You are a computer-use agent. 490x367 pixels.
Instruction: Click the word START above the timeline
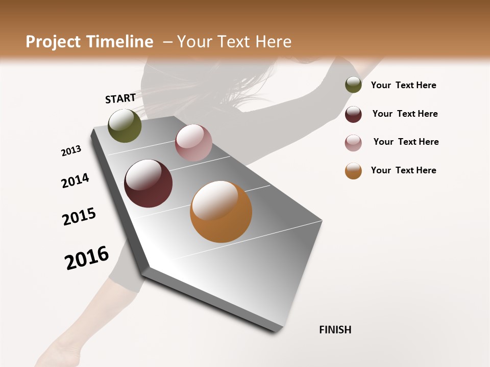tap(120, 98)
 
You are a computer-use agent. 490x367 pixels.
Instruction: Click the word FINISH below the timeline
tap(335, 330)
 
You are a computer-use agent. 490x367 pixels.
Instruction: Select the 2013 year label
tap(71, 151)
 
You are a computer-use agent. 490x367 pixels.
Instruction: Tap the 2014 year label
tap(75, 181)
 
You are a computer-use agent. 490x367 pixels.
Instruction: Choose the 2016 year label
tap(87, 258)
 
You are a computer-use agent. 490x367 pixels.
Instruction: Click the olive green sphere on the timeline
tap(125, 125)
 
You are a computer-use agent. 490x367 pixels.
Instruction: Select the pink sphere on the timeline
tap(193, 143)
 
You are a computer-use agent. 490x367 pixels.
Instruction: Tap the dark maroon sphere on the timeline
tap(148, 183)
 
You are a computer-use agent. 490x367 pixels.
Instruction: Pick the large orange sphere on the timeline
tap(221, 212)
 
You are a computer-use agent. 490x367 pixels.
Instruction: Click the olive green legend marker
tap(353, 85)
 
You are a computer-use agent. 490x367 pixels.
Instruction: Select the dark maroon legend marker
tap(353, 114)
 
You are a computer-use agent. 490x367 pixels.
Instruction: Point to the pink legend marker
tap(353, 142)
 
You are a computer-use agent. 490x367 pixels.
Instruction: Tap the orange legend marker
tap(353, 171)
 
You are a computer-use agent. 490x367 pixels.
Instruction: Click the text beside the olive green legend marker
tap(403, 85)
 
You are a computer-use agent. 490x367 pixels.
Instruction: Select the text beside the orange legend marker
tap(403, 170)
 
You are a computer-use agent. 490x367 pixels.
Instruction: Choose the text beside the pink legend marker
tap(406, 142)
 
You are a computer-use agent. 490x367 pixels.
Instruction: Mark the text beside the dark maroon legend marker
tap(405, 114)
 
